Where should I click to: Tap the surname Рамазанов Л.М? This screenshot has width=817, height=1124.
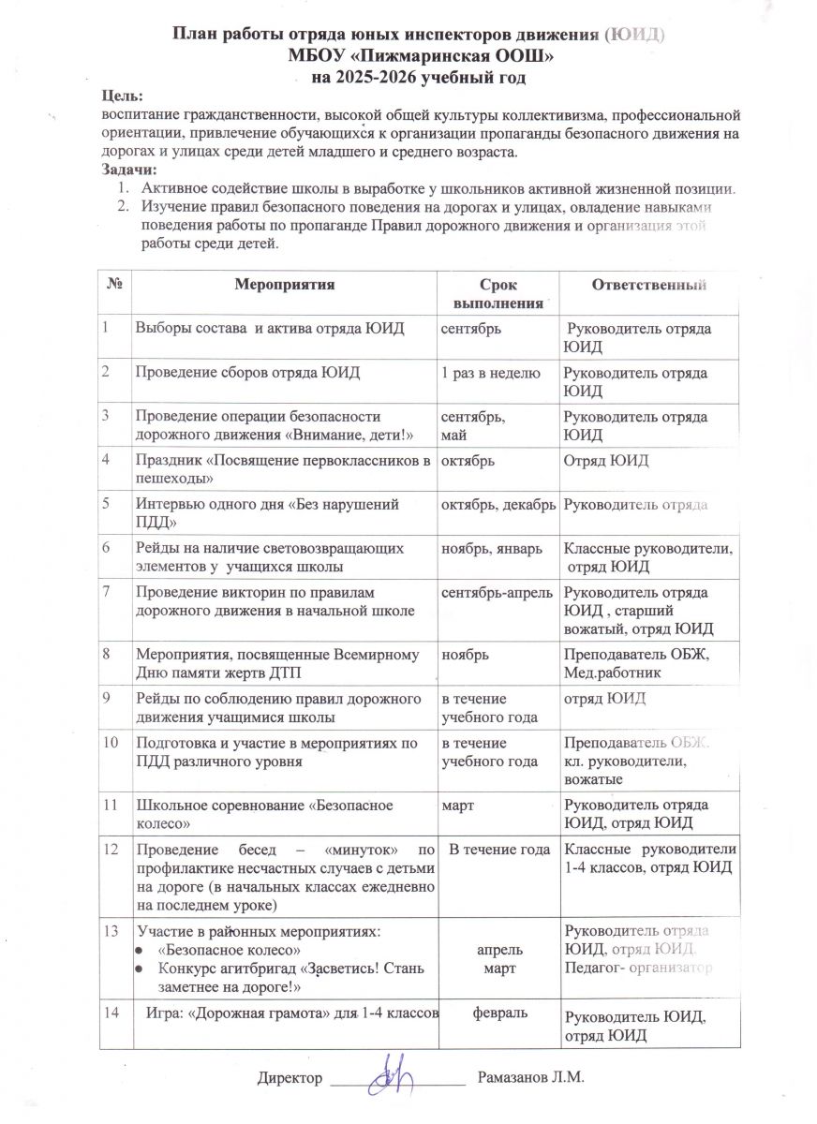(530, 1079)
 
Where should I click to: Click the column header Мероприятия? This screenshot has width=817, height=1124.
(285, 284)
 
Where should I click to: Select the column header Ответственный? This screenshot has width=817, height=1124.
(647, 285)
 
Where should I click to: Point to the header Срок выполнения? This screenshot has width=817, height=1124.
(498, 293)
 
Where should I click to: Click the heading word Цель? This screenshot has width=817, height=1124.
(123, 97)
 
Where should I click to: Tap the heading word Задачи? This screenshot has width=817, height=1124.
(129, 170)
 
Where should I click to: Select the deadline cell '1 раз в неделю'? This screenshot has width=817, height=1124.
(490, 373)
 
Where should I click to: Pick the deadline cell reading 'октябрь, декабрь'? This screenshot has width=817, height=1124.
(498, 504)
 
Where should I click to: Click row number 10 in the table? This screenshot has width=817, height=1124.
(111, 744)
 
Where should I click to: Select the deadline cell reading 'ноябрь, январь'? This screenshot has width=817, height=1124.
(492, 548)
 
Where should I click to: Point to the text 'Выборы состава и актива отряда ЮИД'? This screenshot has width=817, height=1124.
(270, 329)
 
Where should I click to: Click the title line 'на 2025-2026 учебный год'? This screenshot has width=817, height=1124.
(419, 78)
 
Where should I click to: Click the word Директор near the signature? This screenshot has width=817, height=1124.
(290, 1079)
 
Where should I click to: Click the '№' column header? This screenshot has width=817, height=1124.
(112, 284)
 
